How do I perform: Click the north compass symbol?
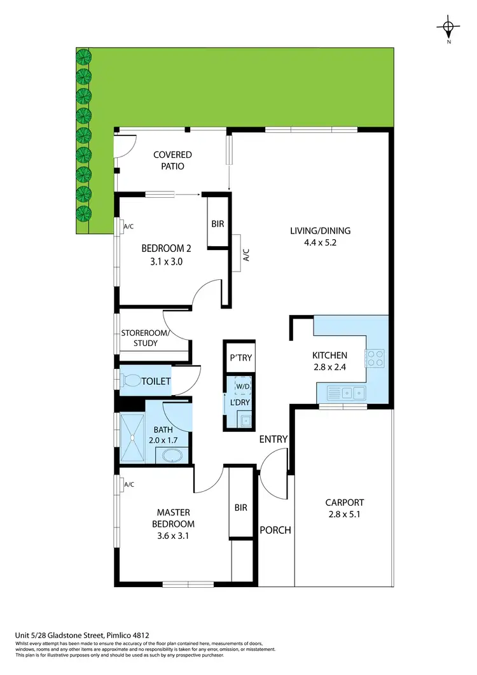pyautogui.click(x=448, y=27)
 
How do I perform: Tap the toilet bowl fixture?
pyautogui.click(x=132, y=381)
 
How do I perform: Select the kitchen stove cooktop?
pyautogui.click(x=375, y=359)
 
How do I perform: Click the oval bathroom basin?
pyautogui.click(x=172, y=456)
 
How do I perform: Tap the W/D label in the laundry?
pyautogui.click(x=242, y=386)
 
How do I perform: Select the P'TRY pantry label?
pyautogui.click(x=241, y=358)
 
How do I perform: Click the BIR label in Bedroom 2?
pyautogui.click(x=217, y=225)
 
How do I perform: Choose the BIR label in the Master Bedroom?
pyautogui.click(x=240, y=508)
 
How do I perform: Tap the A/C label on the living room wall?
pyautogui.click(x=247, y=254)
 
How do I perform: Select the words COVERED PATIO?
pyautogui.click(x=172, y=160)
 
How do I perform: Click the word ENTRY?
pyautogui.click(x=273, y=439)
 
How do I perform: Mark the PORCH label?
pyautogui.click(x=275, y=530)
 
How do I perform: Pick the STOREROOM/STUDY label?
pyautogui.click(x=146, y=338)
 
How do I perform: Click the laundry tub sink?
pyautogui.click(x=245, y=420)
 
